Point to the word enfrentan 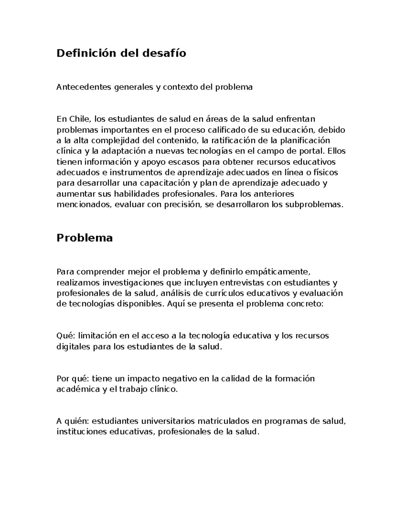296,119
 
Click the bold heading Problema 85,238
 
